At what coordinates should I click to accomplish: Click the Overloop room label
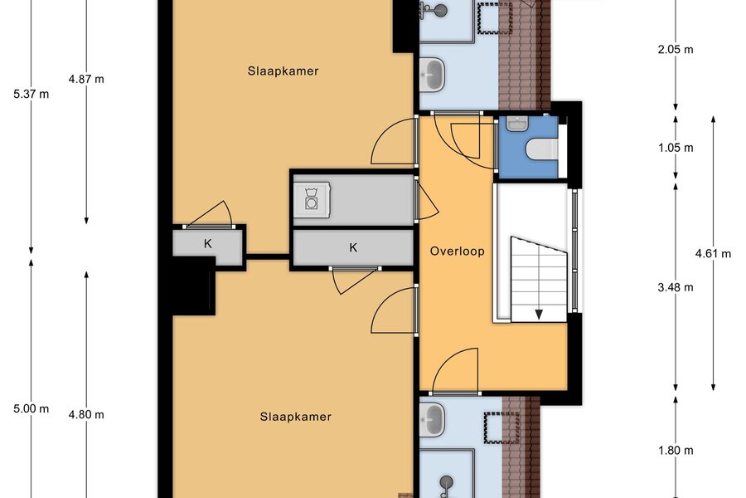pyautogui.click(x=458, y=251)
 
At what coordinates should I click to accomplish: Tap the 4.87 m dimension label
pyautogui.click(x=86, y=79)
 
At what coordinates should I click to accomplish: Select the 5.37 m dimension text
pyautogui.click(x=31, y=94)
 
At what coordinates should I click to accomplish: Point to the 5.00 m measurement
pyautogui.click(x=31, y=408)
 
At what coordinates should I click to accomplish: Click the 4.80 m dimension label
pyautogui.click(x=86, y=415)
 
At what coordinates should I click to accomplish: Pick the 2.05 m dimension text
pyautogui.click(x=676, y=49)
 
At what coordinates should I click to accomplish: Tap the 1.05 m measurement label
pyautogui.click(x=676, y=148)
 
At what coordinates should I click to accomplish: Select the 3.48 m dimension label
pyautogui.click(x=676, y=287)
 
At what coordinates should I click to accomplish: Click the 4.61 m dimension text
pyautogui.click(x=713, y=253)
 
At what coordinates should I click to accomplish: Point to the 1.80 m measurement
pyautogui.click(x=676, y=451)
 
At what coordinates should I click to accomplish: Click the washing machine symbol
pyautogui.click(x=312, y=199)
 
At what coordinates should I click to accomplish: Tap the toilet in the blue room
pyautogui.click(x=542, y=149)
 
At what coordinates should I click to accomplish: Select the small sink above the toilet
pyautogui.click(x=517, y=124)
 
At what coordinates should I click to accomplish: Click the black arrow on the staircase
pyautogui.click(x=539, y=314)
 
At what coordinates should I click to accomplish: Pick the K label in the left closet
pyautogui.click(x=208, y=244)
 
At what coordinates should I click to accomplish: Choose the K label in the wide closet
pyautogui.click(x=353, y=247)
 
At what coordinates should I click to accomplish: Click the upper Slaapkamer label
pyautogui.click(x=283, y=71)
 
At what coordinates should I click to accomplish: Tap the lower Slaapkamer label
pyautogui.click(x=295, y=417)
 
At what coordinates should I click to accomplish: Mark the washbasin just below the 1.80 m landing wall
pyautogui.click(x=433, y=420)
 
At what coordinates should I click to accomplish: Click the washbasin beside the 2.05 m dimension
pyautogui.click(x=433, y=75)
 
